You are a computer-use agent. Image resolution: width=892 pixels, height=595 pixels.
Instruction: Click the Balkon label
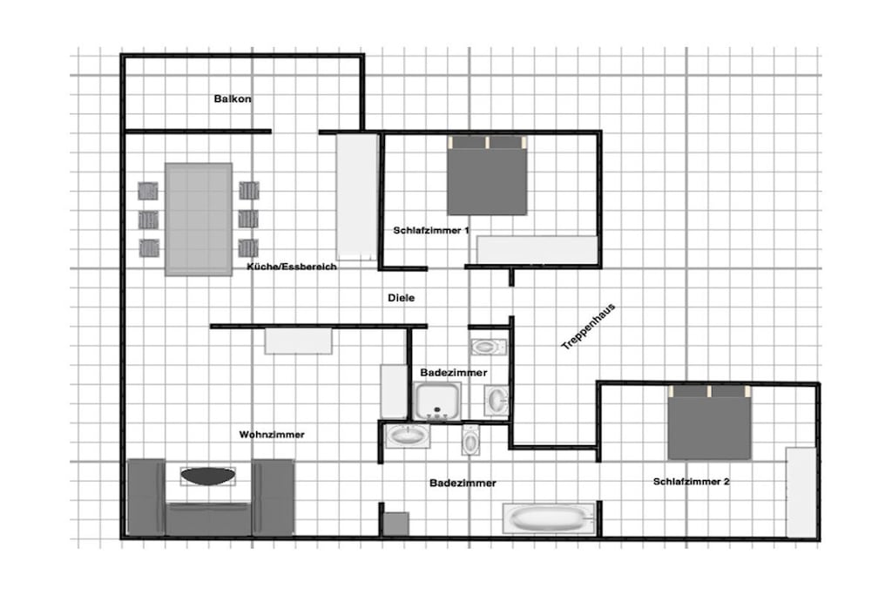(x=233, y=99)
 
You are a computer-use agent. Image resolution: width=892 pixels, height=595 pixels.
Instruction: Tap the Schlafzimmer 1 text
(x=431, y=230)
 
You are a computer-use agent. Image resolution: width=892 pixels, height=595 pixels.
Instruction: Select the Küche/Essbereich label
(x=292, y=267)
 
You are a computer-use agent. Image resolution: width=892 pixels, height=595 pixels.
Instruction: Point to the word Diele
(x=401, y=298)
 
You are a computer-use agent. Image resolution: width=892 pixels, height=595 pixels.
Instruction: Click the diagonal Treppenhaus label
(x=588, y=327)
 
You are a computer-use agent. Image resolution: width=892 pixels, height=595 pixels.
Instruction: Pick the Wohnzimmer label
(x=272, y=435)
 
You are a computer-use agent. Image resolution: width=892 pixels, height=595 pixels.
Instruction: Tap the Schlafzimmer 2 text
(x=691, y=482)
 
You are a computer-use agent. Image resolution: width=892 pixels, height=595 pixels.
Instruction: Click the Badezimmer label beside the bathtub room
(x=463, y=483)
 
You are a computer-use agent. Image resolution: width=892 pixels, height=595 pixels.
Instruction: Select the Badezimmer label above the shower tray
(x=453, y=373)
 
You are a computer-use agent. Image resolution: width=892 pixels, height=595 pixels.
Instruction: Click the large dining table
(x=199, y=220)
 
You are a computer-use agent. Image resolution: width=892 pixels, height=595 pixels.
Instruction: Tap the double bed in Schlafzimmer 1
(x=487, y=175)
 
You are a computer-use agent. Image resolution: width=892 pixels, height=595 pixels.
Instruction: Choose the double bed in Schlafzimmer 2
(x=709, y=423)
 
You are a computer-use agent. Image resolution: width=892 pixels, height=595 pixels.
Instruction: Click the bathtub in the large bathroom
(x=549, y=518)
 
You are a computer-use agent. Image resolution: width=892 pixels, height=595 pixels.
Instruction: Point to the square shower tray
(x=437, y=401)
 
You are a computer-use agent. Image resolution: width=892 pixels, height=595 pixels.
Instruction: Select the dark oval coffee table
(x=207, y=477)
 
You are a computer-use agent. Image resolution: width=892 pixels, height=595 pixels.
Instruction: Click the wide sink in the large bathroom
(x=408, y=436)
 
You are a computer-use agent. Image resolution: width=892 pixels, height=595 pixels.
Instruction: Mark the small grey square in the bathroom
(x=396, y=524)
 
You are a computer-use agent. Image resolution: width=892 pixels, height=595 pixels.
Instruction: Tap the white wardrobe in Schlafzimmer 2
(x=801, y=492)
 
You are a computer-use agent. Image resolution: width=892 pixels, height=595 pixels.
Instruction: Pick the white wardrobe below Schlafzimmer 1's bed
(x=537, y=250)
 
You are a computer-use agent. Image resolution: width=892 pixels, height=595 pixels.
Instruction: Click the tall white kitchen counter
(x=357, y=197)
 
